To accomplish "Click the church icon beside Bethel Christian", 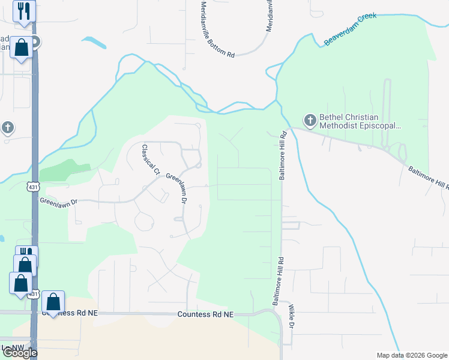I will point(310,121).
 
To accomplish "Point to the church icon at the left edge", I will point(7,128).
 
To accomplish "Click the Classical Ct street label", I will point(150,160).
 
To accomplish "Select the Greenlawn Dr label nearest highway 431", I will point(59,202).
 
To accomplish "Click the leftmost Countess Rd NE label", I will point(69,313).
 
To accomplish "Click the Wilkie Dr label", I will point(291,317).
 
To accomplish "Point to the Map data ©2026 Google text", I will point(412,355).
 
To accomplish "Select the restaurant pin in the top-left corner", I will point(24,11).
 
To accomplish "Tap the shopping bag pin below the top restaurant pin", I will point(22,48).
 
